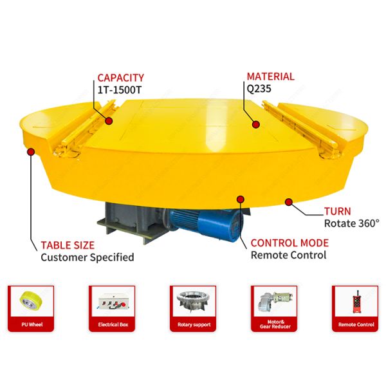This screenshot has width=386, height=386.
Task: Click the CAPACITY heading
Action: click(120, 77)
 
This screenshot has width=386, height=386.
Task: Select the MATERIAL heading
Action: click(270, 77)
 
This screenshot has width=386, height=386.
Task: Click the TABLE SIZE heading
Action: click(68, 244)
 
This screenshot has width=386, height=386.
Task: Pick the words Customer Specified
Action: click(87, 257)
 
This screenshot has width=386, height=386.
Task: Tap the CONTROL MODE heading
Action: click(289, 243)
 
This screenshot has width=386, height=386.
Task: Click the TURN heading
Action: click(338, 211)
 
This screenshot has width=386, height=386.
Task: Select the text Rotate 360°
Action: click(351, 224)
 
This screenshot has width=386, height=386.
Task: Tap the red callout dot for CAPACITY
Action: click(109, 120)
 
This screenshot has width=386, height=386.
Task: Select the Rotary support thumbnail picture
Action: click(193, 300)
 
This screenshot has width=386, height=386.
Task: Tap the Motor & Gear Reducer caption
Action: click(275, 325)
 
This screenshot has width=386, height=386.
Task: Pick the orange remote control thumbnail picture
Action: click(356, 300)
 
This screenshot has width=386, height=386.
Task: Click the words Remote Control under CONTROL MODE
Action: click(288, 255)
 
